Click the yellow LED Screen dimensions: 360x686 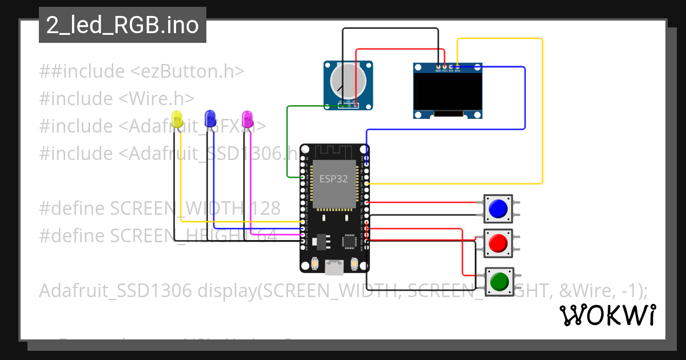pyautogui.click(x=177, y=120)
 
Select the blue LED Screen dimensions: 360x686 pyautogui.click(x=210, y=118)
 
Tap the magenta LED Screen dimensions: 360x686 pyautogui.click(x=248, y=119)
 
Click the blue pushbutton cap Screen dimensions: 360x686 pyautogui.click(x=498, y=209)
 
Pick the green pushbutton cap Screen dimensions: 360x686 pyautogui.click(x=498, y=281)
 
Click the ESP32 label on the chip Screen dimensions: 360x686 pyautogui.click(x=333, y=179)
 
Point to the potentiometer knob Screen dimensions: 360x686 pyautogui.click(x=348, y=81)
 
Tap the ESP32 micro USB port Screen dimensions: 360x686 pyautogui.click(x=334, y=266)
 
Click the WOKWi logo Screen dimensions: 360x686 pyautogui.click(x=607, y=315)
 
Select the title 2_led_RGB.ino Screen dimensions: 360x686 pyautogui.click(x=122, y=26)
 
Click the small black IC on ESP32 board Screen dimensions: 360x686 pyautogui.click(x=350, y=241)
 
